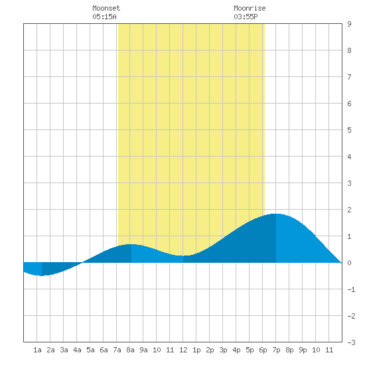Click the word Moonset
coord(106,8)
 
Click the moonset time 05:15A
coord(104,17)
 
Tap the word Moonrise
coord(250,8)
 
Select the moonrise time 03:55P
coord(246,17)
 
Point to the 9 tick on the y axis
coord(349,24)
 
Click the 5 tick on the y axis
coord(349,130)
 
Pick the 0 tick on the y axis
coord(349,263)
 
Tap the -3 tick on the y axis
coord(351,342)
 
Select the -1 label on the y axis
coord(351,289)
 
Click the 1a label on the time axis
coord(37,350)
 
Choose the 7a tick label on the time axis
coord(117,350)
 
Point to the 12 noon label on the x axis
coord(183,350)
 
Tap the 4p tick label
coord(236,350)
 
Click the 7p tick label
coord(276,350)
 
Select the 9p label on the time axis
coord(303,350)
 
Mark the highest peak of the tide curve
coord(277,214)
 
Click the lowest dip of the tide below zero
coord(41,275)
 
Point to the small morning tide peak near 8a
coord(131,244)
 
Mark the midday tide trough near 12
coord(183,256)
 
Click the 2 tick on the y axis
coord(349,210)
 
